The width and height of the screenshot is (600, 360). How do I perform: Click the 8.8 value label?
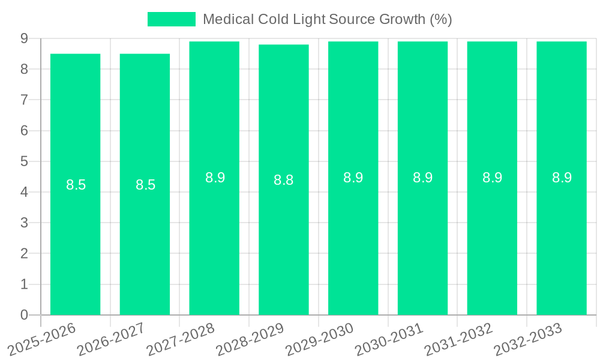point(284,180)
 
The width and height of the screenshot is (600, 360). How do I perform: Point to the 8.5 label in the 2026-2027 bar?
point(145,185)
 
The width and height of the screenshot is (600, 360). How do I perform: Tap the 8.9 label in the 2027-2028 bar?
point(215,178)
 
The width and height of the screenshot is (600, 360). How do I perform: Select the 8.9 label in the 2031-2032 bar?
point(492,178)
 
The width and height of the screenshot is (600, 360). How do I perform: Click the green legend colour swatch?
point(172,19)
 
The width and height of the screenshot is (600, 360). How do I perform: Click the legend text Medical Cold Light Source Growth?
point(327,19)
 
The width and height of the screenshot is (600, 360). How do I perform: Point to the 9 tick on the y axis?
point(24,38)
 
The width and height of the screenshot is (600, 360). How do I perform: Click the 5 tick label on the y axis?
point(24,161)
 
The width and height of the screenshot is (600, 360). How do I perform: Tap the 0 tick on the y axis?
point(24,315)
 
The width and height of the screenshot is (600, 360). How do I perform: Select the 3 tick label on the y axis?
point(24,223)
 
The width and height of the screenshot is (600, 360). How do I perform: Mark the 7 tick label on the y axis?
point(24,100)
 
